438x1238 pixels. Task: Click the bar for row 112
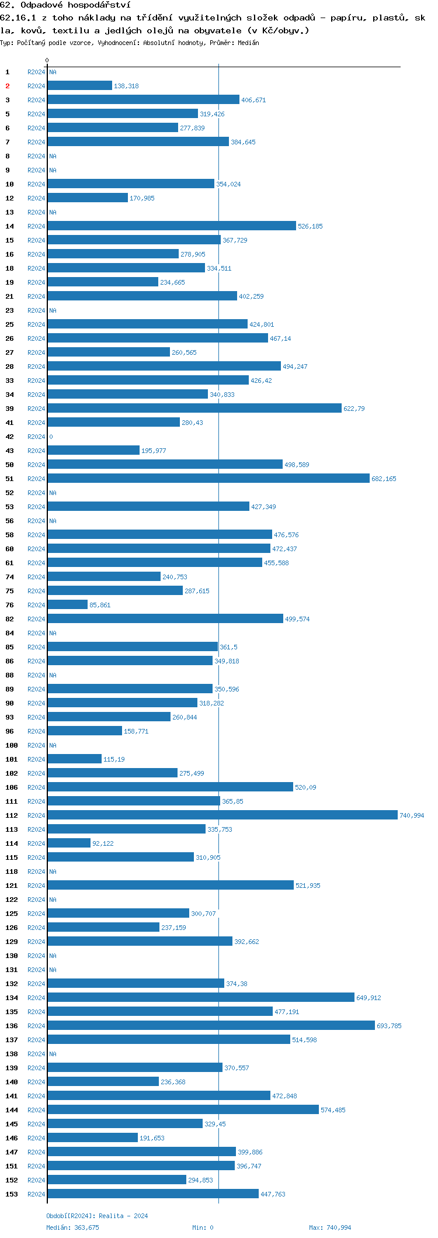click(223, 815)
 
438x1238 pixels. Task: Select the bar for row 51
click(208, 478)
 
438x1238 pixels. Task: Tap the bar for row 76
click(68, 604)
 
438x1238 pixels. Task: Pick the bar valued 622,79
click(194, 408)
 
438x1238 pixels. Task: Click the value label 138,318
click(126, 86)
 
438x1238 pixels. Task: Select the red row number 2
click(8, 86)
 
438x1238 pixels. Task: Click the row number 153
click(12, 1194)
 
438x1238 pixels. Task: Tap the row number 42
click(10, 437)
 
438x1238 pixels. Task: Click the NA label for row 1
click(53, 72)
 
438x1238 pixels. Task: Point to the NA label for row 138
click(53, 1053)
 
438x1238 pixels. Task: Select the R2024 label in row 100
click(36, 745)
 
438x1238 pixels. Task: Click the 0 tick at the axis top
click(47, 60)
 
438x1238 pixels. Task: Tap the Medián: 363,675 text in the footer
click(72, 1227)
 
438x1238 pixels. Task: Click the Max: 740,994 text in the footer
click(330, 1227)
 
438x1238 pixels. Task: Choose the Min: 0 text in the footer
click(203, 1227)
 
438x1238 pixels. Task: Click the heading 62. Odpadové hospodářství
click(65, 5)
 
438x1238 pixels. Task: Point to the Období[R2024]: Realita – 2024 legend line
click(97, 1215)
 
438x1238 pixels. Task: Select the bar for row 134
click(201, 997)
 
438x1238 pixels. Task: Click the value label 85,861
click(100, 605)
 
